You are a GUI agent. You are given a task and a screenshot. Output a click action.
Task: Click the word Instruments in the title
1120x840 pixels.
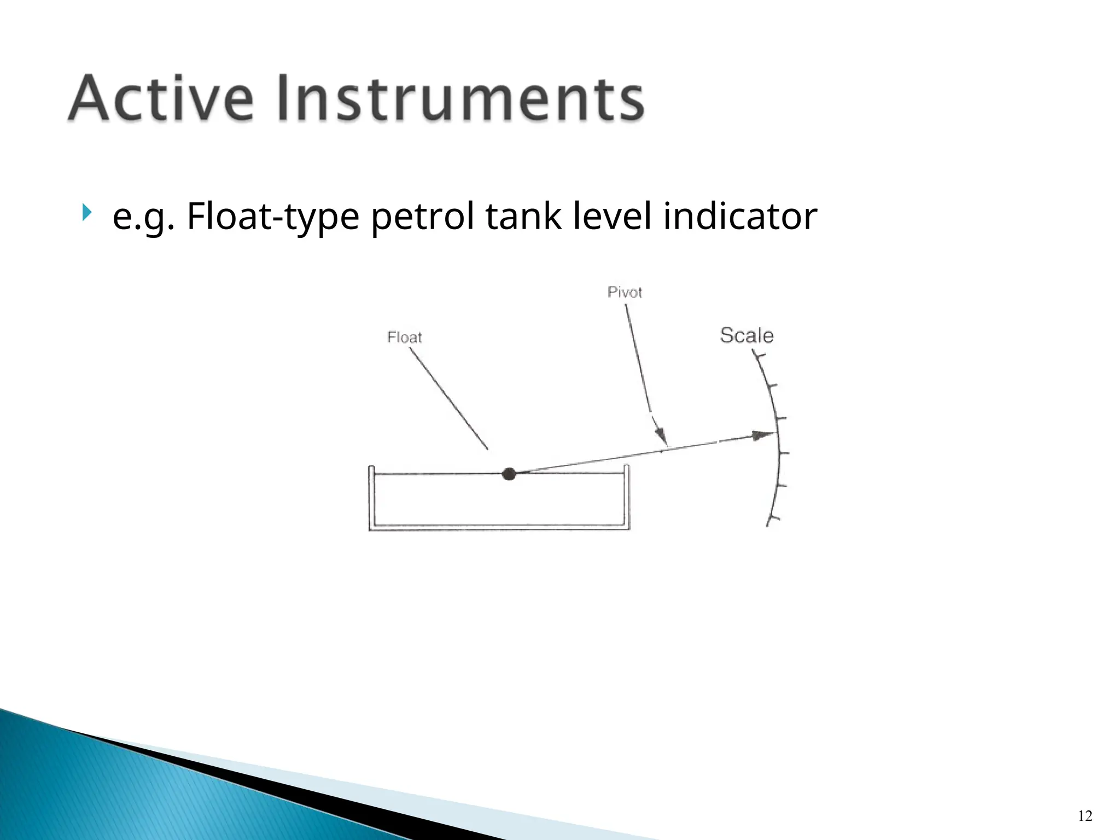point(461,98)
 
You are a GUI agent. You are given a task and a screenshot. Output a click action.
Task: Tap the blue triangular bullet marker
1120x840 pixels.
point(86,212)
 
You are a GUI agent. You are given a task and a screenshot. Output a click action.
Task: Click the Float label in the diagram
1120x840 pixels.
point(404,337)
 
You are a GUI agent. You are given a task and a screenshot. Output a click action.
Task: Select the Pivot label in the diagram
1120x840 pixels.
point(625,292)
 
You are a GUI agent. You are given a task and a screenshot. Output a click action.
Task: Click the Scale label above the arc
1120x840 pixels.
point(746,335)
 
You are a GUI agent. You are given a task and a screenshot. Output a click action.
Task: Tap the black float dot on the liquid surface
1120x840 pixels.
point(509,474)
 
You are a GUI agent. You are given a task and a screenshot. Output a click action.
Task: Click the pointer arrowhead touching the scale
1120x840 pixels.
point(764,435)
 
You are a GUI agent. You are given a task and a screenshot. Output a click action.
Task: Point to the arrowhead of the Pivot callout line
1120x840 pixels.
point(662,438)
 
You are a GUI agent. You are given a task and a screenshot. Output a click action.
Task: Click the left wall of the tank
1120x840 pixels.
point(371,498)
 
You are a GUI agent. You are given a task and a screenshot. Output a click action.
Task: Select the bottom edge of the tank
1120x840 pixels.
point(499,528)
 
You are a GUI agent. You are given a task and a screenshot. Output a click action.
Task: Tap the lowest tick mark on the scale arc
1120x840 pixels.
point(773,518)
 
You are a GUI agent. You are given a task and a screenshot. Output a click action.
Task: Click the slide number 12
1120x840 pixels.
point(1085,816)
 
